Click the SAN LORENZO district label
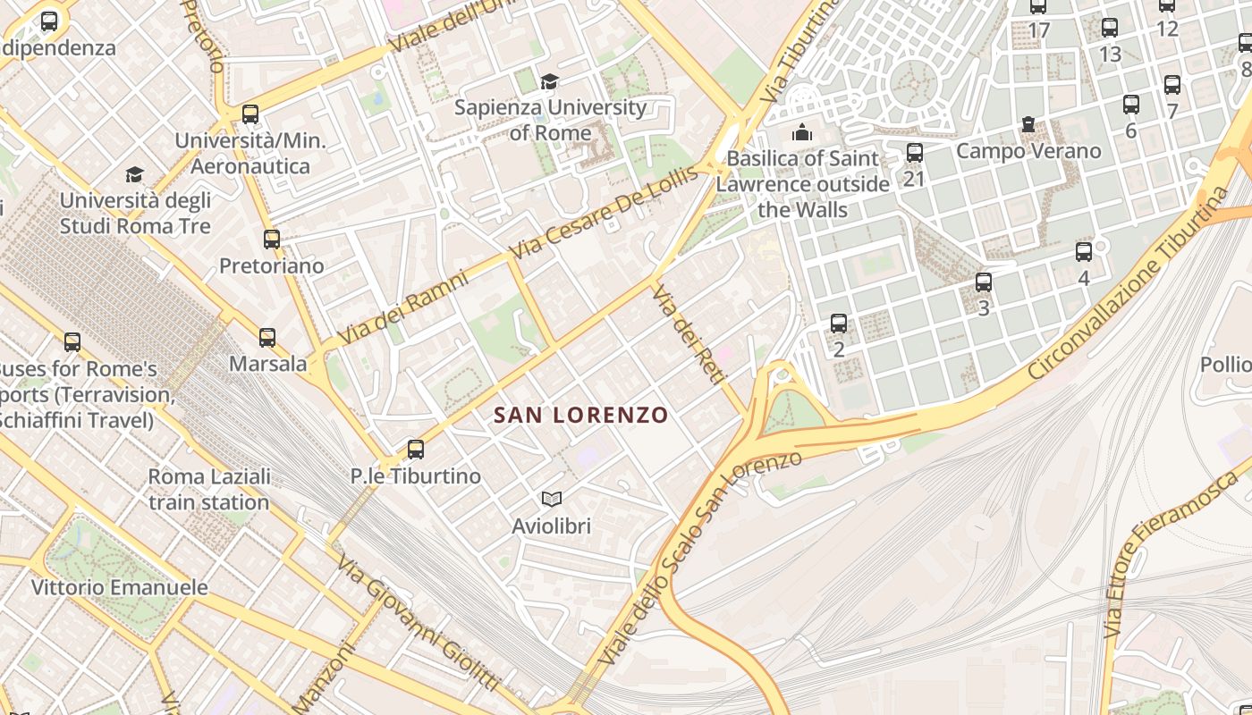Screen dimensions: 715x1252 (x=580, y=415)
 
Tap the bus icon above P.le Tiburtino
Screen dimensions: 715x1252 (x=415, y=449)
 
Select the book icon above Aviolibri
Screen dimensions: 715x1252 (x=552, y=499)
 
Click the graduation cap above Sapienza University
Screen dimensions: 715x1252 (x=549, y=81)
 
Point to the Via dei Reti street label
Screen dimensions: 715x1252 (x=688, y=335)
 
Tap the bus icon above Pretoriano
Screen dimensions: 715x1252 (x=272, y=239)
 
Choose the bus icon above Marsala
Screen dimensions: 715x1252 (x=267, y=337)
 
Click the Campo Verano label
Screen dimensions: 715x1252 (x=1028, y=150)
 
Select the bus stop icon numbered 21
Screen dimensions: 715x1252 (x=914, y=153)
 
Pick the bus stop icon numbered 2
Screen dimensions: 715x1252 (x=838, y=323)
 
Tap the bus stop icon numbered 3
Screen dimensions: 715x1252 (x=984, y=282)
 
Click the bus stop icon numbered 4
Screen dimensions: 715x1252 (x=1084, y=251)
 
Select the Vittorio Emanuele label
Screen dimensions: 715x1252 (x=120, y=587)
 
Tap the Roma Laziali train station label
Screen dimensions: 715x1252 (x=209, y=489)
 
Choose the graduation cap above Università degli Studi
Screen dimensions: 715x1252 (x=134, y=174)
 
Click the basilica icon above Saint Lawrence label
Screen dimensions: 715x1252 (x=802, y=132)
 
